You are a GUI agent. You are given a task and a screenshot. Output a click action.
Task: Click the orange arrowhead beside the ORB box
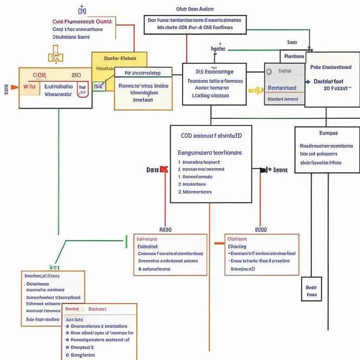pos(14,86)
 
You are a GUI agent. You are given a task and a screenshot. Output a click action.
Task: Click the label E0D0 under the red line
pos(261,229)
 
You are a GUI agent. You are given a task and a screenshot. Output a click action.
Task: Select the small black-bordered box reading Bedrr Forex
pos(311,291)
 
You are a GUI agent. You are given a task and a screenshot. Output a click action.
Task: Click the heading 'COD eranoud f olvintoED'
pos(208,136)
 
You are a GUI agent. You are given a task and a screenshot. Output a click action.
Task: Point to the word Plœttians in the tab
pos(294,56)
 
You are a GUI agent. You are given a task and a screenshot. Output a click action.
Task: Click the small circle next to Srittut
pos(269,71)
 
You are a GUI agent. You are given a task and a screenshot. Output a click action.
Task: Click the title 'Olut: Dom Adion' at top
pos(195,9)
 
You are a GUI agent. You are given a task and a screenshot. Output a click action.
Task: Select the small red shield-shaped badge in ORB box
pos(83,90)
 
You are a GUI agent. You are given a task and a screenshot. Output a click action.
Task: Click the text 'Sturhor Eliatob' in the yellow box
pos(119,58)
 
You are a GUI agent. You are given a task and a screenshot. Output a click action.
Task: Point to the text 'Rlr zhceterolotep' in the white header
pos(143,72)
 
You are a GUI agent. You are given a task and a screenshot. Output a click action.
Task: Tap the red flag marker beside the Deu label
pos(164,170)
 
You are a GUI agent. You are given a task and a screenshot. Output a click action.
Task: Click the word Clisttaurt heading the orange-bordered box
pos(237,238)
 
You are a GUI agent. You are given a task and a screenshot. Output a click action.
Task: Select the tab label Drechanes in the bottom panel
pos(97,309)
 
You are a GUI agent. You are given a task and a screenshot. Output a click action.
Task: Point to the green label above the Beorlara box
pos(54,267)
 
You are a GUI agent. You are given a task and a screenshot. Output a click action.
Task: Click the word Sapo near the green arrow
pos(292,42)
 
